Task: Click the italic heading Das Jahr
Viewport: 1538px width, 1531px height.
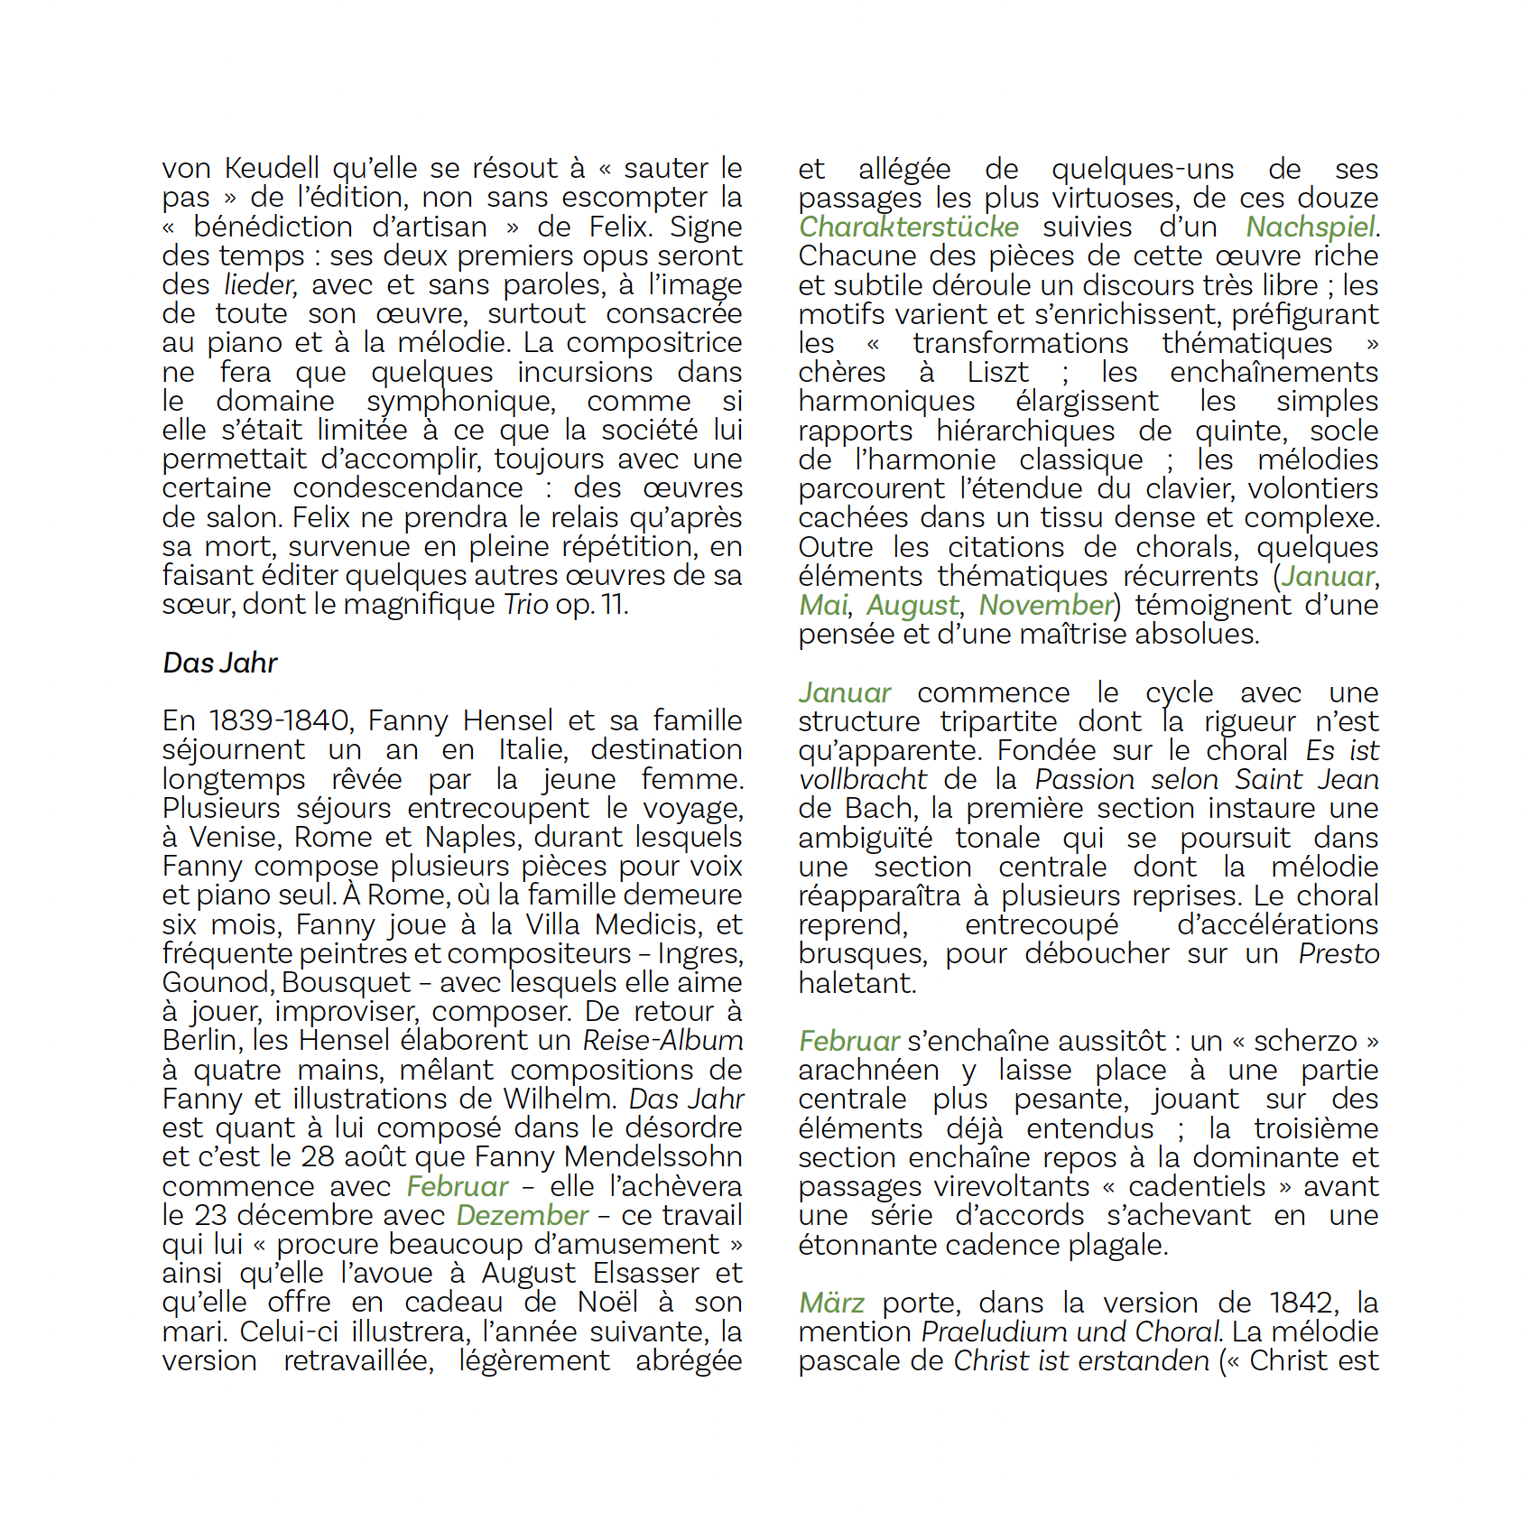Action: [219, 663]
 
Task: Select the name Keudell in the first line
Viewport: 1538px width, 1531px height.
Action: [272, 169]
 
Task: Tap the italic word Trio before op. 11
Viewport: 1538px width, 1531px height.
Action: [525, 605]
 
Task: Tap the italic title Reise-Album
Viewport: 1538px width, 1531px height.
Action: [662, 1041]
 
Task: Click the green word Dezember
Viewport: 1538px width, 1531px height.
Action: [522, 1216]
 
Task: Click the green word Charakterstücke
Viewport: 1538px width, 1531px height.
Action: [908, 227]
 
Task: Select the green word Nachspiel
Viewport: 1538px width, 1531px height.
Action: [1311, 227]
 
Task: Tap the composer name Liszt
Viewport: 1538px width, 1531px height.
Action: [997, 373]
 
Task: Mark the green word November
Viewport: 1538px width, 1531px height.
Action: [1046, 606]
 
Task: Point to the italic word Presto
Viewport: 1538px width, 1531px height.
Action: [1339, 954]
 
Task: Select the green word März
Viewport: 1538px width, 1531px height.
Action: [831, 1304]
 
